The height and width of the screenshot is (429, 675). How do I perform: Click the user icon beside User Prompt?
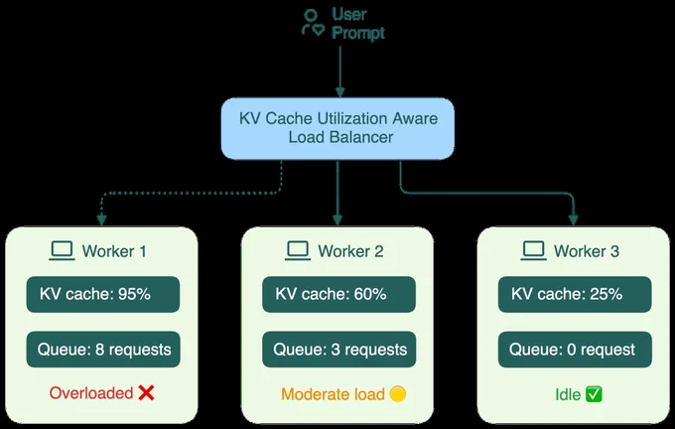tap(313, 23)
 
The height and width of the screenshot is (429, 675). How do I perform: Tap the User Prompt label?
tap(358, 24)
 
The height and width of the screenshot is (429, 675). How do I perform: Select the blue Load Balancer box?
tap(337, 128)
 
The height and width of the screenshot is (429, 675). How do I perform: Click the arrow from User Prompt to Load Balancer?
tap(340, 71)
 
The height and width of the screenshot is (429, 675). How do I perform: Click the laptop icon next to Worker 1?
tap(62, 250)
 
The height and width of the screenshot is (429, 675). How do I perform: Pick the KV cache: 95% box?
tap(103, 294)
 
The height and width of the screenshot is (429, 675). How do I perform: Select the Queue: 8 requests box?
tap(103, 350)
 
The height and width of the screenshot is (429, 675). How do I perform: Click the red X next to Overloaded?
tap(146, 393)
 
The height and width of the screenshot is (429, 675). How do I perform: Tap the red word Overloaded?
tap(91, 393)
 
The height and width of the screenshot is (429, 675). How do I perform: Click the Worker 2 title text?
tap(350, 251)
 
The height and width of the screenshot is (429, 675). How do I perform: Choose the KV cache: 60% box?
tap(338, 294)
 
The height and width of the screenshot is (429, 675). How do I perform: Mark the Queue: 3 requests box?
tap(339, 350)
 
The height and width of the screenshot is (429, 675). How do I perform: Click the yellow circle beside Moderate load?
tap(397, 394)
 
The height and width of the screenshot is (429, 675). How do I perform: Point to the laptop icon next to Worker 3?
tap(533, 250)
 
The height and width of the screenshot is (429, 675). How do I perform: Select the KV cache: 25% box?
tap(575, 294)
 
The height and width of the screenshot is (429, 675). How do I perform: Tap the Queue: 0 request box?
tap(575, 350)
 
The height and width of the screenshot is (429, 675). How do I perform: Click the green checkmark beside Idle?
tap(594, 394)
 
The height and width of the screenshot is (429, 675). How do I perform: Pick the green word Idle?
tap(568, 394)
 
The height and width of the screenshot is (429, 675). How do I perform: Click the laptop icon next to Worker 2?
tap(298, 250)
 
